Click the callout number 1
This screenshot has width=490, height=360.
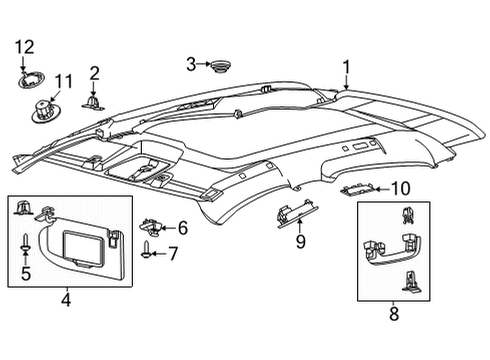[x=346, y=68]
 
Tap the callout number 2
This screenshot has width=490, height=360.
[x=94, y=72]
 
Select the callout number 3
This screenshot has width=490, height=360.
[x=190, y=64]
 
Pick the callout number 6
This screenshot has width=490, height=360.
[x=183, y=228]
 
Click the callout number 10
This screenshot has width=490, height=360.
[x=400, y=187]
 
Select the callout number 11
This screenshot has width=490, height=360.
[x=65, y=81]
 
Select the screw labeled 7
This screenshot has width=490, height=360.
[x=149, y=250]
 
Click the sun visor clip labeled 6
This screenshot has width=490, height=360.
[x=150, y=228]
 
